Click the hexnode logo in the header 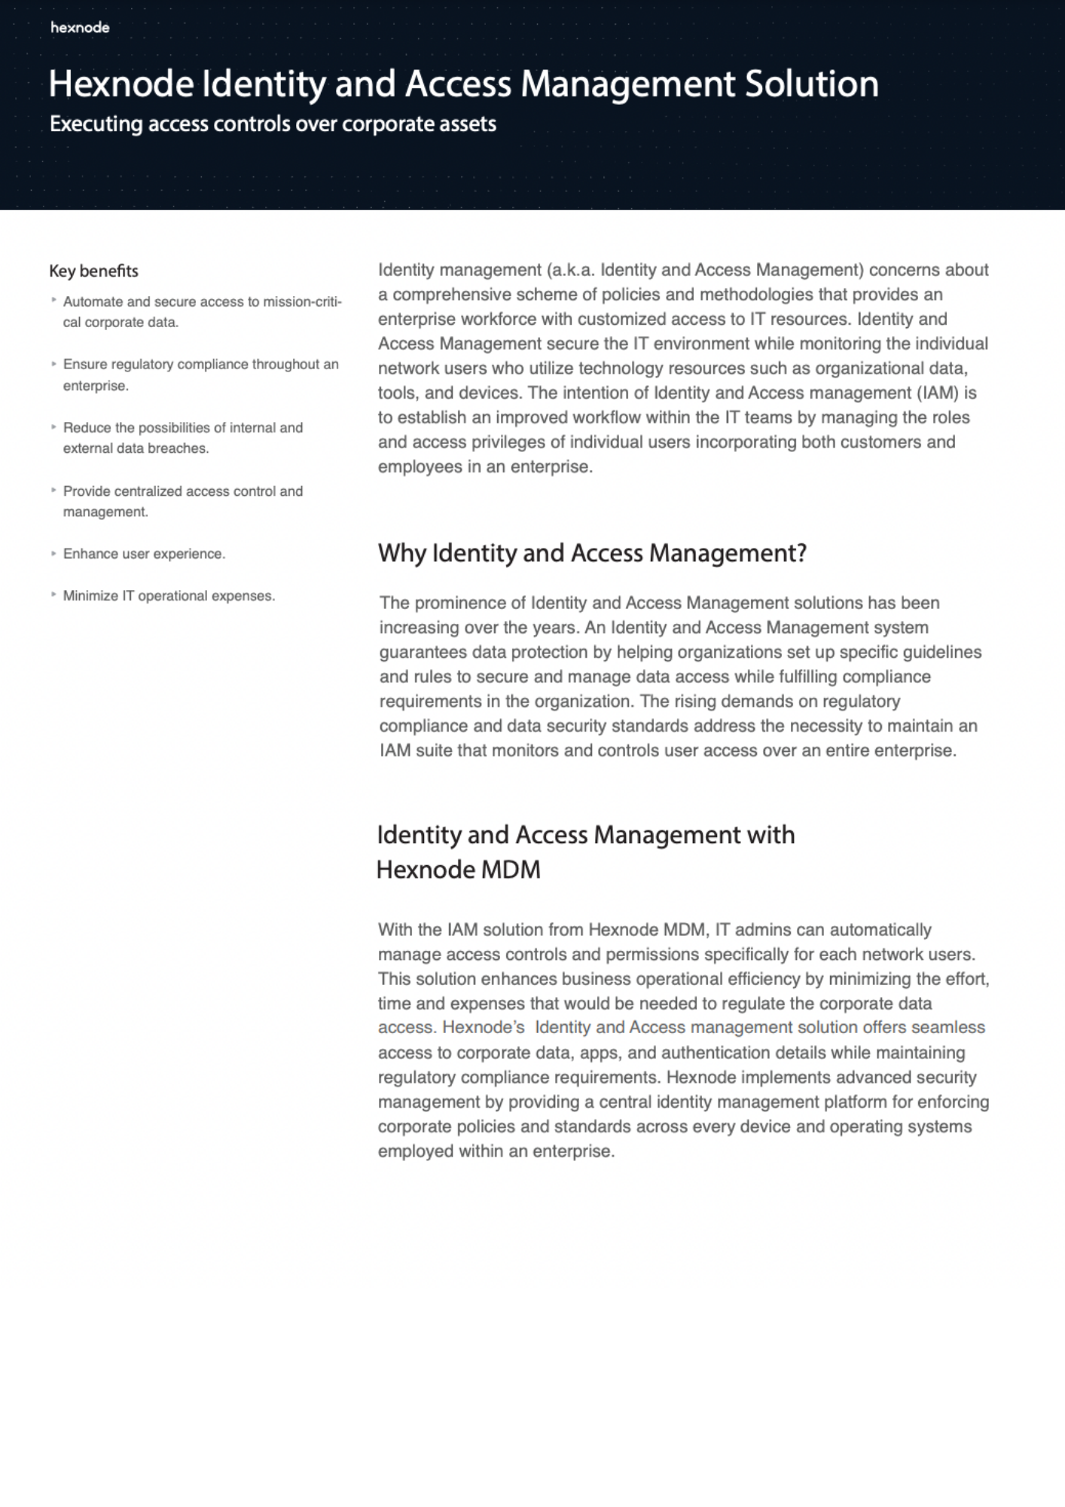pyautogui.click(x=80, y=28)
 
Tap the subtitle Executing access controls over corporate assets pyautogui.click(x=273, y=124)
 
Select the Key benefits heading pyautogui.click(x=93, y=271)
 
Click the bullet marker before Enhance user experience pyautogui.click(x=53, y=553)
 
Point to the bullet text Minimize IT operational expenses pyautogui.click(x=169, y=596)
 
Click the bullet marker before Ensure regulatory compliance pyautogui.click(x=53, y=364)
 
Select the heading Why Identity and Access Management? pyautogui.click(x=592, y=553)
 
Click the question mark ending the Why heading pyautogui.click(x=801, y=553)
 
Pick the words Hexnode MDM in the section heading pyautogui.click(x=458, y=870)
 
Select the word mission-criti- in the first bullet pyautogui.click(x=302, y=301)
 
